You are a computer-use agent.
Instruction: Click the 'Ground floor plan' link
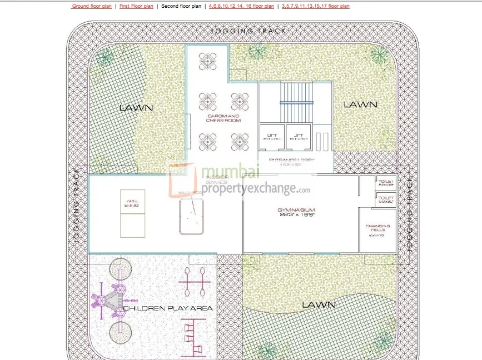(x=92, y=6)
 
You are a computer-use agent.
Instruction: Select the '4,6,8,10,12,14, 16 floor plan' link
(x=241, y=6)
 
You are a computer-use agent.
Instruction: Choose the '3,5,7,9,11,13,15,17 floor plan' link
(x=315, y=6)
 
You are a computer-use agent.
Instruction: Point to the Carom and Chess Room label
(x=222, y=118)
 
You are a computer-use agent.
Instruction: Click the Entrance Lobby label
(x=292, y=161)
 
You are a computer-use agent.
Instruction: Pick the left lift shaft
(x=272, y=137)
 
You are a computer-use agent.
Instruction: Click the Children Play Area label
(x=168, y=308)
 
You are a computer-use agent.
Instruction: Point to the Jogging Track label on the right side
(x=410, y=213)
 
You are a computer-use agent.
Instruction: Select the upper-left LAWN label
(x=136, y=108)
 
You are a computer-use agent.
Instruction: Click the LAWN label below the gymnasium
(x=319, y=304)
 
